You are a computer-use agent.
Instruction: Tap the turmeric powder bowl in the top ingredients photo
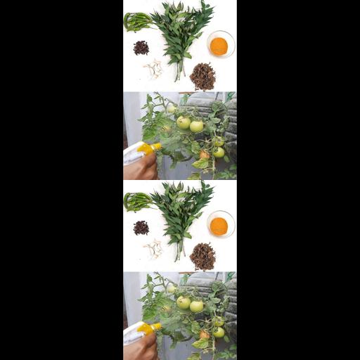219,46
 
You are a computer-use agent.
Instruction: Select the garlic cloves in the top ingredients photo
153,68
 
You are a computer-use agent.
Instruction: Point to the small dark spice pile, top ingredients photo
141,47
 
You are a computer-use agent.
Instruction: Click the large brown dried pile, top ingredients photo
202,76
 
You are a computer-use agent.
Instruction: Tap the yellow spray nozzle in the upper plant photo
148,148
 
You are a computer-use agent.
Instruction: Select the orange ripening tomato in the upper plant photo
204,155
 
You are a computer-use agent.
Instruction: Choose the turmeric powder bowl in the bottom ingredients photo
219,226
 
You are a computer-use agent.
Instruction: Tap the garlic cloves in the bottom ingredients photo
153,248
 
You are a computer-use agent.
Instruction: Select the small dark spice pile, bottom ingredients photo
141,227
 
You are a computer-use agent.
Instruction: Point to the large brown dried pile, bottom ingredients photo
202,256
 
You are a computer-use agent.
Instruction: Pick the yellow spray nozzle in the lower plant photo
148,328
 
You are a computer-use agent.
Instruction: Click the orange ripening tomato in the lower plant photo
204,335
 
